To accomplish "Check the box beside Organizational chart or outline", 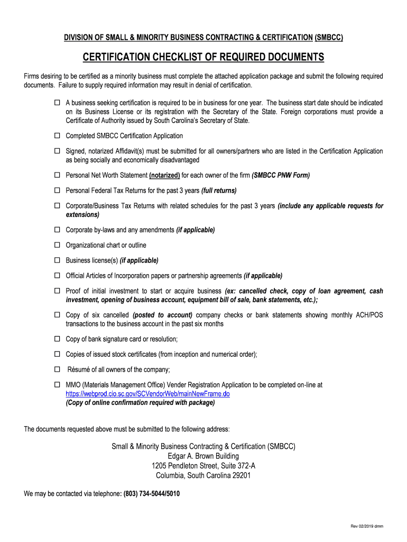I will pyautogui.click(x=57, y=245).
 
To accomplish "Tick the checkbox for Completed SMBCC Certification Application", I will pyautogui.click(x=57, y=136).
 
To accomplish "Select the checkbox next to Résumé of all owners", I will pyautogui.click(x=57, y=369).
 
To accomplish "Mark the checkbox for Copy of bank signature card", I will pyautogui.click(x=57, y=339).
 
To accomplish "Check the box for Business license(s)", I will pyautogui.click(x=57, y=260).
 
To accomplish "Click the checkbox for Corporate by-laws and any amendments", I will pyautogui.click(x=57, y=230).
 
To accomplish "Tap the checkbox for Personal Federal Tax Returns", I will pyautogui.click(x=57, y=190).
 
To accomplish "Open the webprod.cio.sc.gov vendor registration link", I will pyautogui.click(x=147, y=394).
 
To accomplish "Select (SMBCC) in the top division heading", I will pyautogui.click(x=329, y=37).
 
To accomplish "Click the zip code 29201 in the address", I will pyautogui.click(x=241, y=475).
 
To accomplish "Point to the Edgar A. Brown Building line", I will pyautogui.click(x=203, y=456).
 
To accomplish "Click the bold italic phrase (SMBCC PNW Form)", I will pyautogui.click(x=281, y=175).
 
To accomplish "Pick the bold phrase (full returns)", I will pyautogui.click(x=219, y=191).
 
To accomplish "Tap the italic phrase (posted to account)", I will pyautogui.click(x=162, y=315).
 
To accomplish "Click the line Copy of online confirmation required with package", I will pyautogui.click(x=140, y=403).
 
